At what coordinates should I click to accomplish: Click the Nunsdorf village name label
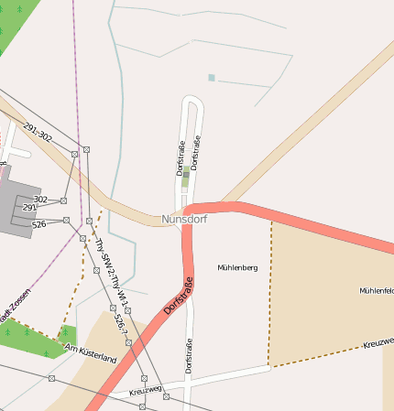(185, 220)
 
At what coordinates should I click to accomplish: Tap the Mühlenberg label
(237, 267)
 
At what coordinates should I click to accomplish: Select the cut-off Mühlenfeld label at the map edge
(377, 290)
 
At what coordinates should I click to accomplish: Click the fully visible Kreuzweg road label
(146, 390)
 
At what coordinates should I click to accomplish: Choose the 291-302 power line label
(38, 133)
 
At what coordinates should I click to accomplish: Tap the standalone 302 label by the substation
(40, 199)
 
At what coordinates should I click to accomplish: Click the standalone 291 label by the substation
(29, 208)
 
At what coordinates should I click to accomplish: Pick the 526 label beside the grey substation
(38, 223)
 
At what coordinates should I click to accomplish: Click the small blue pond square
(211, 78)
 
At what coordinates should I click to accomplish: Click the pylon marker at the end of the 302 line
(63, 200)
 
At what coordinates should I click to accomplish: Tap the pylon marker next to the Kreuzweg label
(165, 395)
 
